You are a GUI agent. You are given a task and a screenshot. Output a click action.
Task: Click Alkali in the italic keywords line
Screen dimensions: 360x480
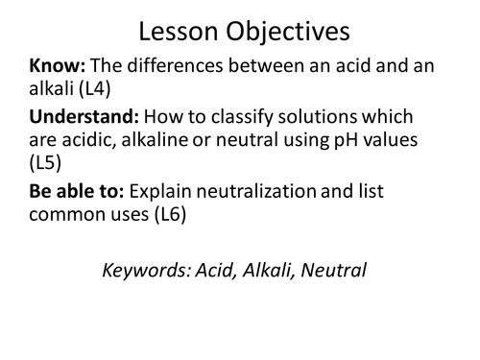[263, 272]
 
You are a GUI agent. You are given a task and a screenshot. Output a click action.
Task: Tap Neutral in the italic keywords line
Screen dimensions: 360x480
[333, 272]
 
